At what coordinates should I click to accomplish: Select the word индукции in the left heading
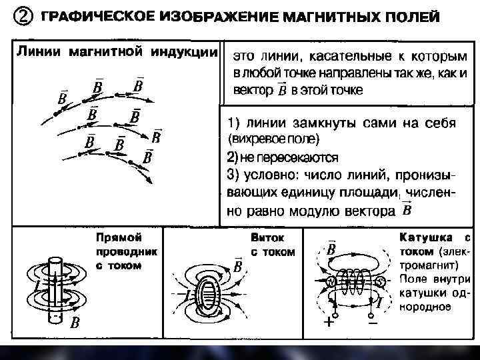pos(186,51)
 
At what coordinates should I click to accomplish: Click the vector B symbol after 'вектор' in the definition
pos(282,89)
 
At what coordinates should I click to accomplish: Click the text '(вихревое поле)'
pos(273,140)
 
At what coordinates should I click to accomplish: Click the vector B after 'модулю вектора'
pos(407,211)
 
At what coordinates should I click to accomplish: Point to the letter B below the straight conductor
pos(75,323)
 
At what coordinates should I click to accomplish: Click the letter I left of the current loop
pos(187,295)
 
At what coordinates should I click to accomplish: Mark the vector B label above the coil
pos(331,249)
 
